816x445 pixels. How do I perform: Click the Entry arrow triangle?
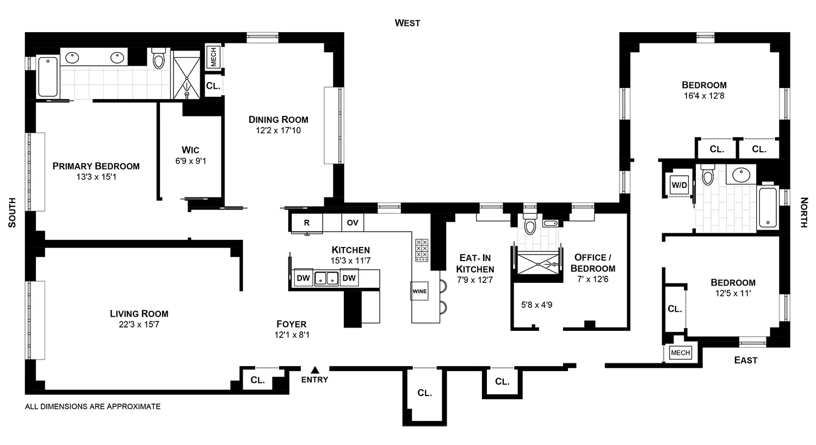[314, 369]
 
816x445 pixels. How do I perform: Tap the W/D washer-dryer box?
[679, 185]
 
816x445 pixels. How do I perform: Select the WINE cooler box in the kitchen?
[419, 291]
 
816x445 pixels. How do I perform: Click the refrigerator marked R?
[307, 222]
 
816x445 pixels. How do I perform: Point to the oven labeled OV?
[353, 222]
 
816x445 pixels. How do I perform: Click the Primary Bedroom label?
[96, 166]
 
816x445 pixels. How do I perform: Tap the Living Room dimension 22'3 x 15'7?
[139, 325]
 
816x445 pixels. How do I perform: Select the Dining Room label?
[279, 119]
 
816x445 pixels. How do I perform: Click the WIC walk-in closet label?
[190, 150]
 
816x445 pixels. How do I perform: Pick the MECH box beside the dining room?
[213, 57]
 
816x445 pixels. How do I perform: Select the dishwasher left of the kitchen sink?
[303, 278]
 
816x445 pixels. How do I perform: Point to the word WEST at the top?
[407, 23]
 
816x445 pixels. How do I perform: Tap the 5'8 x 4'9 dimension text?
[536, 305]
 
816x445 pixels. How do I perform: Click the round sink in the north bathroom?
[740, 175]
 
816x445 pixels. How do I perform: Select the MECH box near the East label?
[680, 353]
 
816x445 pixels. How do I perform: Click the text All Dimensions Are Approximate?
[93, 406]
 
